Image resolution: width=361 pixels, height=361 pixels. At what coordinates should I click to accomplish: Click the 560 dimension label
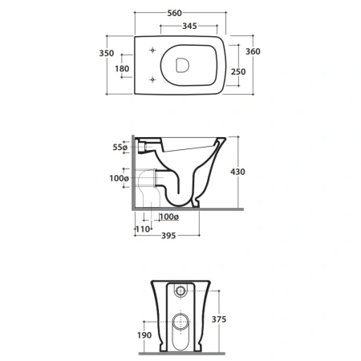pos(174,13)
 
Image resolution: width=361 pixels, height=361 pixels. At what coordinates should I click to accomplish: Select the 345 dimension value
pos(189,26)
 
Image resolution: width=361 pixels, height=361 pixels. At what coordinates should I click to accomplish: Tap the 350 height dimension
pos(107,53)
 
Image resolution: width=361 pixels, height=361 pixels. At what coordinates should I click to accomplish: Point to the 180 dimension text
pos(122,69)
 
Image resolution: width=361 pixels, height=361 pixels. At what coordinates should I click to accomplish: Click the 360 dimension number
pos(253,51)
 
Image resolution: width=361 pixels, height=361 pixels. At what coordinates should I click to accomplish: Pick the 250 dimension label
pos(238,71)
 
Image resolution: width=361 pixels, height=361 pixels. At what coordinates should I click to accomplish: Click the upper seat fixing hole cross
pos(152,50)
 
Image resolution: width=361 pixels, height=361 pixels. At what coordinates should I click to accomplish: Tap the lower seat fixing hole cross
pos(152,79)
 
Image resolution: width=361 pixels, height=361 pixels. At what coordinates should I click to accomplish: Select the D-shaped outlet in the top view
pos(182,65)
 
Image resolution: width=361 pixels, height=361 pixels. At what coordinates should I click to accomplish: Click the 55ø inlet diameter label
pos(120,147)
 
